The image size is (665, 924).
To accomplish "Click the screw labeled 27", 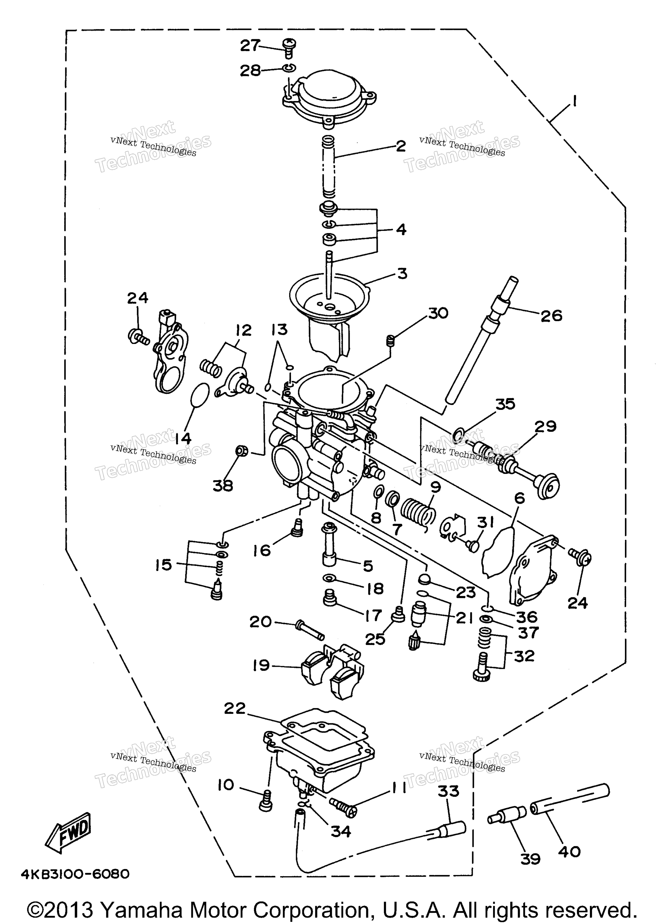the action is (x=289, y=48).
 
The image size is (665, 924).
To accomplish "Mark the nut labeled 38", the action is (x=242, y=451).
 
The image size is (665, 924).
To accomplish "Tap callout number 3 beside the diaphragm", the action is (x=402, y=273).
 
